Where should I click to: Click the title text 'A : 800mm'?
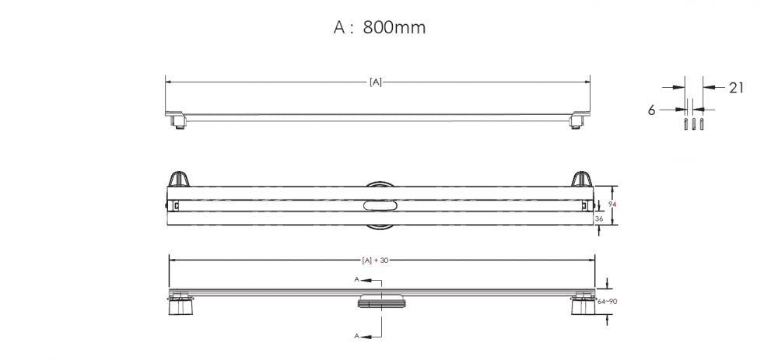[380, 27]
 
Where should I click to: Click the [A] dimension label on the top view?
[376, 82]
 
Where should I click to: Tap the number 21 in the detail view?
[736, 88]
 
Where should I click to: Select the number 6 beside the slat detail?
[651, 110]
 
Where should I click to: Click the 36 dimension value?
[599, 218]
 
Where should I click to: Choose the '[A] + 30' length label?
[375, 260]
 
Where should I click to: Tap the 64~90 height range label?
[608, 301]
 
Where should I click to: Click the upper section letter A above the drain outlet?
[357, 280]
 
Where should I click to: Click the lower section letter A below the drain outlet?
[357, 336]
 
